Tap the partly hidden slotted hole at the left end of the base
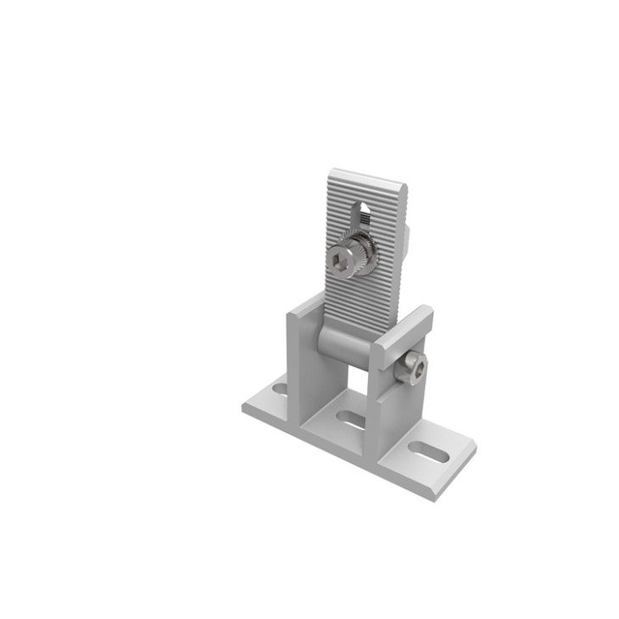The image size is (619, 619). click(280, 389)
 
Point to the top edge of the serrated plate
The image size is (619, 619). click(366, 177)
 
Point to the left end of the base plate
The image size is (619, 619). click(248, 407)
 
